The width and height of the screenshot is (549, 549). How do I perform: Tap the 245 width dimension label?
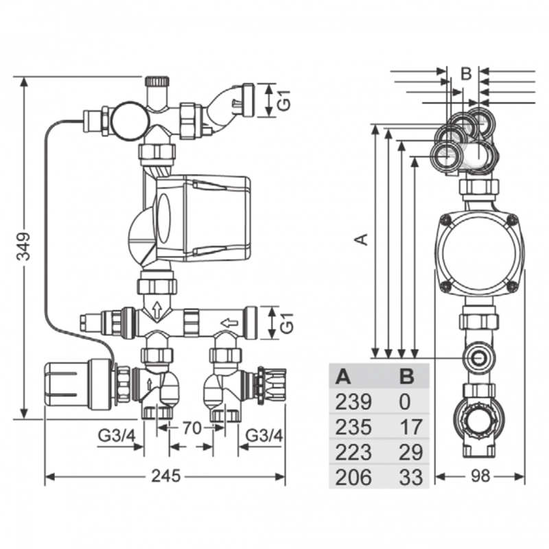point(166,476)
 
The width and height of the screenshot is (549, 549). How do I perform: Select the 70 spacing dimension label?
point(191,428)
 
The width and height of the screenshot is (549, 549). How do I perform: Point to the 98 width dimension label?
point(480,476)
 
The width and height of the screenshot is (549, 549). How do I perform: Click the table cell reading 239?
point(353,401)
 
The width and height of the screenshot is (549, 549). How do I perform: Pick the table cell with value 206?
point(353,477)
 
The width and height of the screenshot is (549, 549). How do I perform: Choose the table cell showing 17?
point(410,426)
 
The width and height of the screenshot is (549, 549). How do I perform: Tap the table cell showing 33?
point(410,477)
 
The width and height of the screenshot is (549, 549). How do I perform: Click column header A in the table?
point(342,376)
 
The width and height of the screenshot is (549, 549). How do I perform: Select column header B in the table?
point(407,376)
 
